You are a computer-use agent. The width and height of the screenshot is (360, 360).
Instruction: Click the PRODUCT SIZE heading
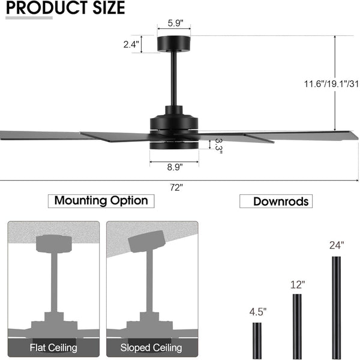[65, 8]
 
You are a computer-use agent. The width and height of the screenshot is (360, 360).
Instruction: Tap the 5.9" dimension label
[175, 23]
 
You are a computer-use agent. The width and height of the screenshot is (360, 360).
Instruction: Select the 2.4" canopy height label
[131, 44]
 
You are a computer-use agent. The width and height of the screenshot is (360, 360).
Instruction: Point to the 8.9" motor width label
[175, 167]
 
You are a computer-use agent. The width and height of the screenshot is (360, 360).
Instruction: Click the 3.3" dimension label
[218, 146]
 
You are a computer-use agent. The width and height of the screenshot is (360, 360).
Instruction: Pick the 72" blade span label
[176, 188]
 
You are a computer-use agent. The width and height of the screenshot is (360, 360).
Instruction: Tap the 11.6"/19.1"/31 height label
[331, 84]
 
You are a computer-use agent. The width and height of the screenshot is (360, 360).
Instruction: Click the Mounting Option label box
[101, 201]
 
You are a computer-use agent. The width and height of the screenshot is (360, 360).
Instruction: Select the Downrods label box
[276, 202]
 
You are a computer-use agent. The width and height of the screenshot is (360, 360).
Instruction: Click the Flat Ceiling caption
[53, 347]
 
